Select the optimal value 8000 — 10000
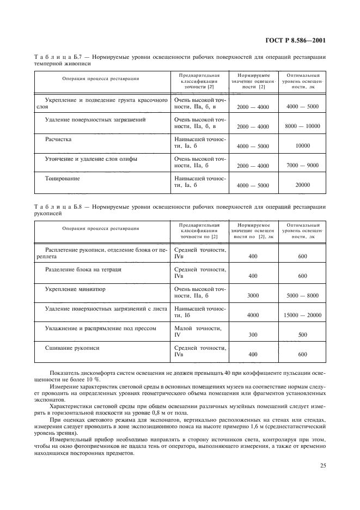point(302,126)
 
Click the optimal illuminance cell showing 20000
point(302,185)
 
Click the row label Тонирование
point(63,179)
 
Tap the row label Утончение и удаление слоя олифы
point(90,159)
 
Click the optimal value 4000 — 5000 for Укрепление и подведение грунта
point(302,107)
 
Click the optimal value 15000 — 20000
point(302,315)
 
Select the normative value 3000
point(253,296)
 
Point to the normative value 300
point(253,335)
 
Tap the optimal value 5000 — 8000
point(302,296)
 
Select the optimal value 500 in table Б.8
point(302,335)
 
